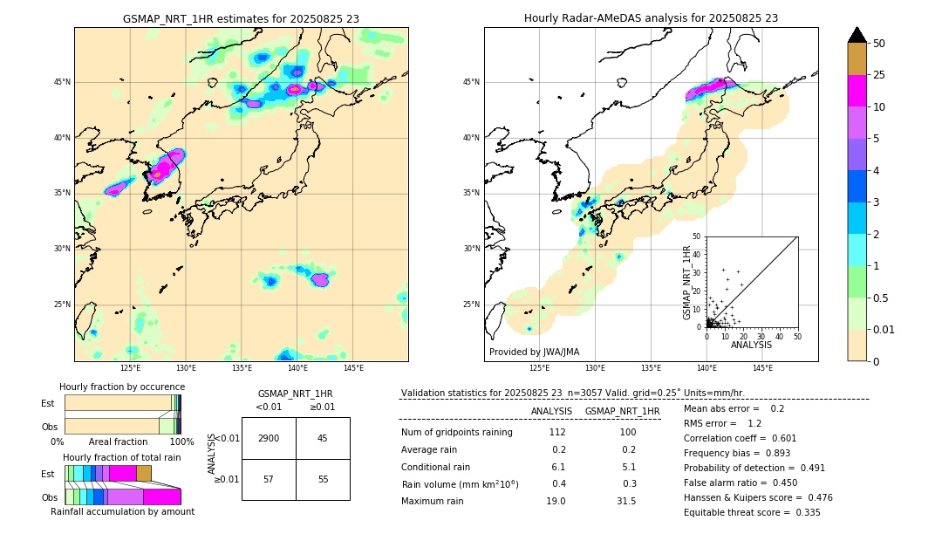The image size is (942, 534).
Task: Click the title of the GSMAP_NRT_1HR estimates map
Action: [241, 18]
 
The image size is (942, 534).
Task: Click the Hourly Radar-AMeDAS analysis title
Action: [651, 18]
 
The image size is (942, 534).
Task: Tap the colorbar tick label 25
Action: [879, 75]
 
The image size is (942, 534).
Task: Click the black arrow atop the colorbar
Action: [857, 35]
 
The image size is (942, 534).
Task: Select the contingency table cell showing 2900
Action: [269, 438]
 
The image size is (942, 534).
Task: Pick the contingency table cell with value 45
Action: [323, 438]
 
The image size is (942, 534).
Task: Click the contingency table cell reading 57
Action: [269, 479]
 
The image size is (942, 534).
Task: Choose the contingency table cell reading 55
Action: [323, 479]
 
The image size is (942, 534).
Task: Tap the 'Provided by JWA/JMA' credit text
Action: [534, 353]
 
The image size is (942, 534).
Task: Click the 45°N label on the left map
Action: [62, 82]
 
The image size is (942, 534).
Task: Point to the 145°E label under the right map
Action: [762, 369]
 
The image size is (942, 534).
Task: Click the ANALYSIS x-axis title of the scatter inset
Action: [751, 346]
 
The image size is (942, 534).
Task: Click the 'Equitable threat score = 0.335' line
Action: [752, 512]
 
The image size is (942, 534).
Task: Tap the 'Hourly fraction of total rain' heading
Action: [122, 458]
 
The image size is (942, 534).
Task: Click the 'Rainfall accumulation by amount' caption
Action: [122, 512]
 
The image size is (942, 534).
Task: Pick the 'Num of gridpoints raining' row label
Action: [457, 433]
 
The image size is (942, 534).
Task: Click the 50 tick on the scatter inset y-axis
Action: [696, 236]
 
